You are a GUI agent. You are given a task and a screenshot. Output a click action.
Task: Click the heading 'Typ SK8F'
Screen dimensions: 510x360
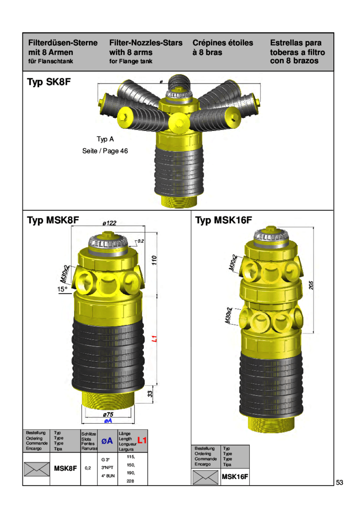48,83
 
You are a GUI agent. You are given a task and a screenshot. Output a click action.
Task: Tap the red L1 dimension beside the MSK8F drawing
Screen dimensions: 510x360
153,339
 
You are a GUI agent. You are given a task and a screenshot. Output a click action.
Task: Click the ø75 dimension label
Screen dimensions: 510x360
108,414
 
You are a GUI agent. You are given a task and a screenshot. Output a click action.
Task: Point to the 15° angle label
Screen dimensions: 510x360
63,289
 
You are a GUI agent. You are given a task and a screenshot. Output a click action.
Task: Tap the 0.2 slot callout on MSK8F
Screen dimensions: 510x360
140,241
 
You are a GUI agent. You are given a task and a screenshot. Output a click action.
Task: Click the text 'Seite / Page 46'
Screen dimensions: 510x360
105,151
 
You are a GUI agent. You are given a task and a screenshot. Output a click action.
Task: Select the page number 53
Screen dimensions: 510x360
339,483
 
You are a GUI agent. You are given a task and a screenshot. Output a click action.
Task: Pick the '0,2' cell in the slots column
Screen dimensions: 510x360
88,468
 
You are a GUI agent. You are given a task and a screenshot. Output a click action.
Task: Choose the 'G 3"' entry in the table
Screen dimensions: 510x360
106,459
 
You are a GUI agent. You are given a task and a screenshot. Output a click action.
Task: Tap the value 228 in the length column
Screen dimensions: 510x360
130,481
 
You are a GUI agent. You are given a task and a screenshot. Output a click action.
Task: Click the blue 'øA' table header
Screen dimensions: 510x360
107,441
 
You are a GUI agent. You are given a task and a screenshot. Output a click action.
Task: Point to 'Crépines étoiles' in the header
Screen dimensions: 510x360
222,43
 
